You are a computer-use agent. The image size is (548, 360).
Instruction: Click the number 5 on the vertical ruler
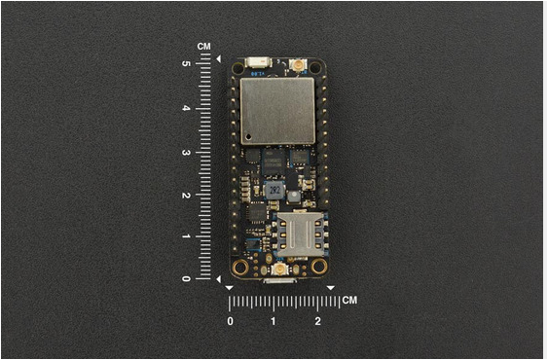click(x=186, y=63)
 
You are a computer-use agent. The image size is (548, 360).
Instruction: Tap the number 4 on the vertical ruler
click(x=186, y=107)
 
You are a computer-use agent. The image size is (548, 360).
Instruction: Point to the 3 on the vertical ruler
click(x=186, y=152)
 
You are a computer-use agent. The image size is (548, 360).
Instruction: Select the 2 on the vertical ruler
click(x=186, y=195)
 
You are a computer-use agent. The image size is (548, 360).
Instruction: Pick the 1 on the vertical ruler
click(x=186, y=236)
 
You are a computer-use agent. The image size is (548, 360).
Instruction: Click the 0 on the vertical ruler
click(x=186, y=279)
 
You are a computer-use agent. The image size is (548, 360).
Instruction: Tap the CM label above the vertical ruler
click(x=203, y=46)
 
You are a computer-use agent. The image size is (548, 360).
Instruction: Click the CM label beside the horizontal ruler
click(x=348, y=300)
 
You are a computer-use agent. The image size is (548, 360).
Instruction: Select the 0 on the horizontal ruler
click(x=231, y=320)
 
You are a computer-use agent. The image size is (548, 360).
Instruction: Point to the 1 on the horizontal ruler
click(x=274, y=320)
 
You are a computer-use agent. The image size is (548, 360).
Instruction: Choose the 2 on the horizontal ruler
click(x=317, y=320)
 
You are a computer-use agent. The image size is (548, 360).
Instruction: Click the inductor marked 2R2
click(x=276, y=190)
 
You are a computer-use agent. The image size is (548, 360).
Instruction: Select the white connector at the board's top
click(x=258, y=64)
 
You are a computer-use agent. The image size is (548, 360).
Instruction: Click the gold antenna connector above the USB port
click(x=280, y=267)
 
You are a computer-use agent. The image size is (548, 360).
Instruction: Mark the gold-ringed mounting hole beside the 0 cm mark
click(x=239, y=267)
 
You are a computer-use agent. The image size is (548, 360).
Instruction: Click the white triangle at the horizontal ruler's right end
click(x=331, y=288)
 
